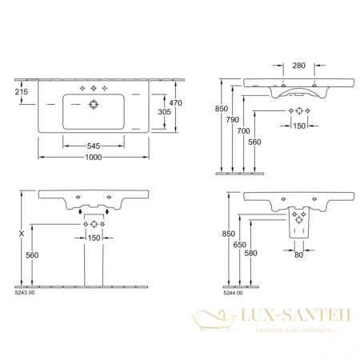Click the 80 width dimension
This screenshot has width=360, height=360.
click(298, 256)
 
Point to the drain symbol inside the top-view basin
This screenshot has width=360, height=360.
click(94, 104)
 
